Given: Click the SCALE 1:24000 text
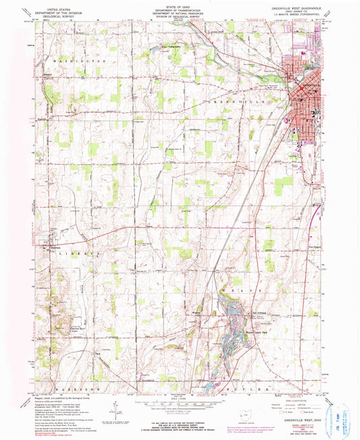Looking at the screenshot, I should coord(178,398).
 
